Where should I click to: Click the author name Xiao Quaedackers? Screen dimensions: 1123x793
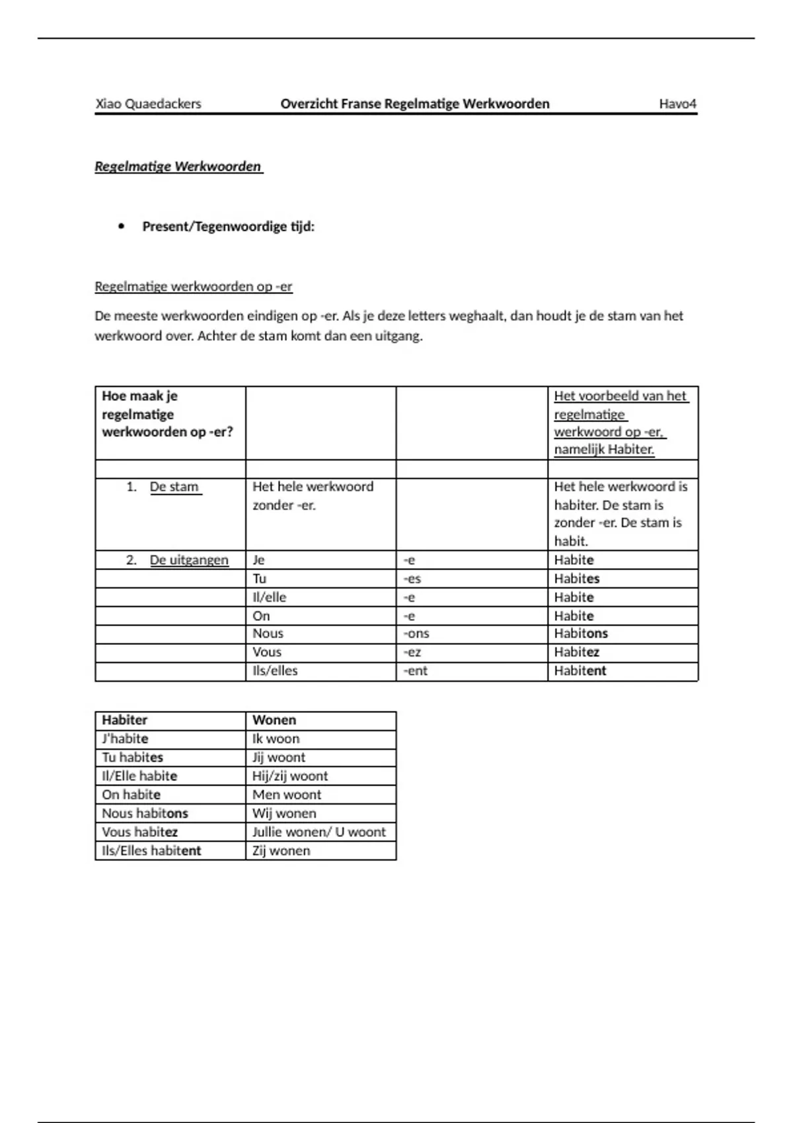(x=148, y=104)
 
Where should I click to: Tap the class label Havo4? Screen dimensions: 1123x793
(x=677, y=104)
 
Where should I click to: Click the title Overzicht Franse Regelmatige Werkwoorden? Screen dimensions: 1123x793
(x=414, y=104)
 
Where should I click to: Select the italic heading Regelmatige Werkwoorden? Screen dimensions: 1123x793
(x=178, y=166)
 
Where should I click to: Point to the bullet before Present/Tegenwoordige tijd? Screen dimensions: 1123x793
(x=121, y=227)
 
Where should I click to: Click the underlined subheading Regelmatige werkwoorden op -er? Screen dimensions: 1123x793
(x=193, y=287)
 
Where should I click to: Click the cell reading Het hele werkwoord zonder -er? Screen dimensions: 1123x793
(x=313, y=495)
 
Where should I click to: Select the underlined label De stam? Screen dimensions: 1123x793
(x=174, y=487)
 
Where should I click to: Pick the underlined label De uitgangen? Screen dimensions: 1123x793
(x=188, y=560)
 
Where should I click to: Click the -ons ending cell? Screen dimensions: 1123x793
(x=416, y=634)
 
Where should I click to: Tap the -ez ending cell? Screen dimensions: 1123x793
(x=412, y=652)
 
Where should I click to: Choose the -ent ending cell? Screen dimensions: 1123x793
(x=416, y=670)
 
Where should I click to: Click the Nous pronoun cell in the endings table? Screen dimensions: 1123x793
(x=268, y=634)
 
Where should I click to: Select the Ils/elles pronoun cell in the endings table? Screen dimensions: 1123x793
(x=275, y=670)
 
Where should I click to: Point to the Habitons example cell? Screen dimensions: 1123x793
(x=581, y=634)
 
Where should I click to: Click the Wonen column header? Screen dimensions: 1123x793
(x=274, y=720)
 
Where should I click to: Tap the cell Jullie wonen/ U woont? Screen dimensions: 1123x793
(x=319, y=832)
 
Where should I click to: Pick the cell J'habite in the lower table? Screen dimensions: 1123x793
(x=125, y=739)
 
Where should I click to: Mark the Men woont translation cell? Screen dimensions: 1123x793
(x=287, y=795)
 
